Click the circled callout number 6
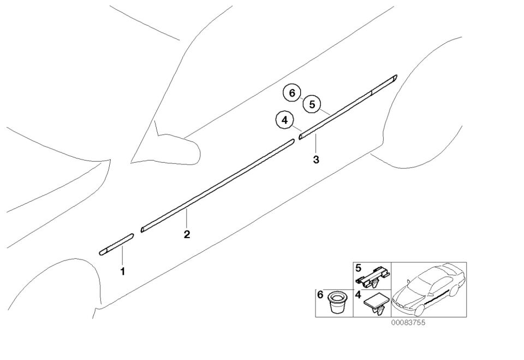click(x=292, y=93)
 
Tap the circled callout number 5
click(x=312, y=104)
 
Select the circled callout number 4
click(x=284, y=120)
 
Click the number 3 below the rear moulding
click(x=316, y=160)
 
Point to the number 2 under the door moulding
click(x=187, y=234)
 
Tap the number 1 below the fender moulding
click(x=123, y=272)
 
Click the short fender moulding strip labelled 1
click(x=116, y=245)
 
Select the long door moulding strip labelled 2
click(x=218, y=186)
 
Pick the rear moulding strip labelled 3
click(x=348, y=107)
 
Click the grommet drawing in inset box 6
click(x=338, y=303)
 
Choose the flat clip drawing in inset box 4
click(x=376, y=304)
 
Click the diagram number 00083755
click(x=408, y=323)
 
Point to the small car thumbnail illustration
click(x=428, y=290)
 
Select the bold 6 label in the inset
click(x=320, y=295)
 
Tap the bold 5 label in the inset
click(x=358, y=268)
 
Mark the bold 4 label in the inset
click(x=358, y=295)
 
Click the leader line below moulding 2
click(x=187, y=217)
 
